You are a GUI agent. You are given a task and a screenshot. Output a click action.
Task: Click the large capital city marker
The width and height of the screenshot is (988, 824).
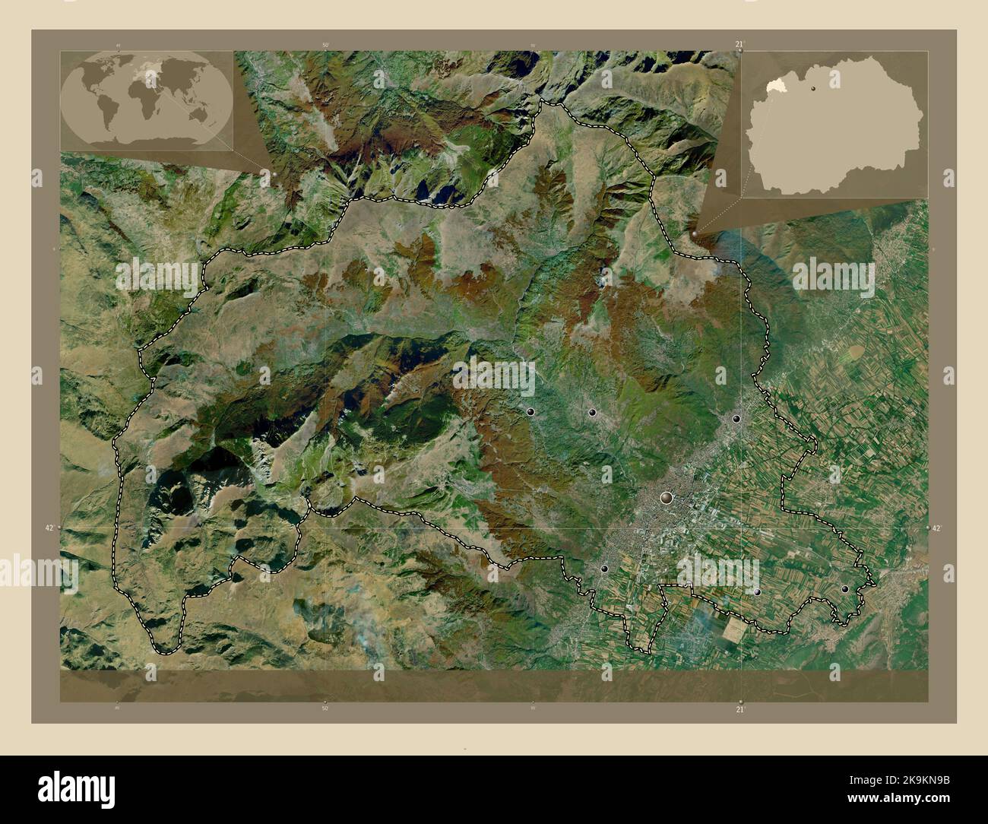667,498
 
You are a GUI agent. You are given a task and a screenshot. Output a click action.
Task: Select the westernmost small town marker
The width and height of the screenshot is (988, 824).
530,411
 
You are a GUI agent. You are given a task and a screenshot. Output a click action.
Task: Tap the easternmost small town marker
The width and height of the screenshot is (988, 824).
844,589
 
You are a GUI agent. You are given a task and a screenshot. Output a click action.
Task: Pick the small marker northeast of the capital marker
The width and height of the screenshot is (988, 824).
736,418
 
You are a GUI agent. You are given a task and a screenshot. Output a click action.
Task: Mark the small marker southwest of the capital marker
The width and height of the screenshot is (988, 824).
604,569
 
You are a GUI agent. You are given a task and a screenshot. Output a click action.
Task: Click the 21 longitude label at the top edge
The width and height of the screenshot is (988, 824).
739,45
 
